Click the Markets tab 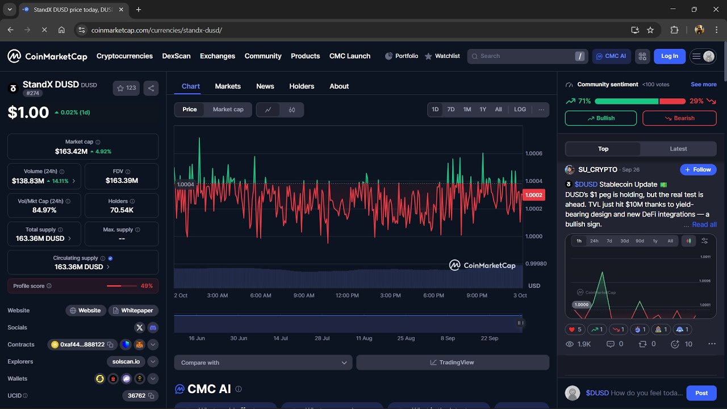point(228,86)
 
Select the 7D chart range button point(451,110)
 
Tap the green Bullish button point(601,118)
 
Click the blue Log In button point(670,56)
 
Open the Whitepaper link point(133,311)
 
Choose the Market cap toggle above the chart point(228,110)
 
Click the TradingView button point(452,362)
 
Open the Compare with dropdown point(264,362)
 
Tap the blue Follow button point(698,170)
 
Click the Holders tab point(302,86)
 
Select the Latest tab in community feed point(678,149)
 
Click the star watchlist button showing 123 point(126,88)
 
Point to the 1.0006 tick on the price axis point(534,153)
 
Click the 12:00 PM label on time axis point(347,295)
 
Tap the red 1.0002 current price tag point(534,195)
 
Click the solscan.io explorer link point(126,361)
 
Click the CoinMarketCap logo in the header point(47,56)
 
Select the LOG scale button point(520,110)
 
